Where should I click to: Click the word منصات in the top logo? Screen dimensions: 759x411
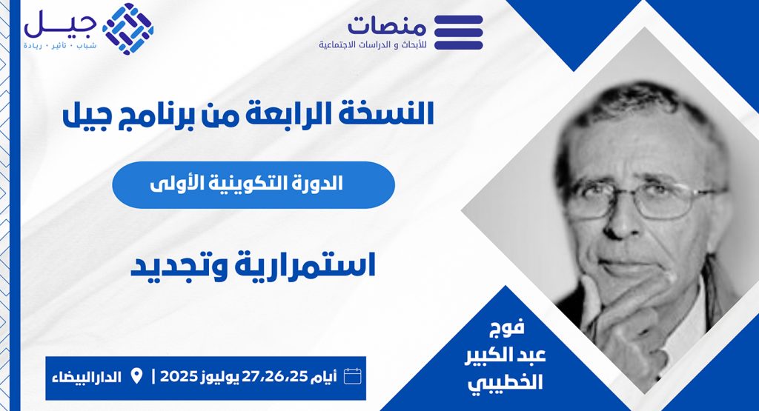(x=386, y=26)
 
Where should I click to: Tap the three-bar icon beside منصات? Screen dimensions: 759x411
(x=458, y=33)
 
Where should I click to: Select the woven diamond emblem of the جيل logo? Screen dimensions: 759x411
(x=127, y=29)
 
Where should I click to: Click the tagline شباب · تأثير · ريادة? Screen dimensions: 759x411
(x=59, y=45)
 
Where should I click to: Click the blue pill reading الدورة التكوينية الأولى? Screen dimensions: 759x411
(x=253, y=184)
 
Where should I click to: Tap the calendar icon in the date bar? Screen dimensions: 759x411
(x=352, y=375)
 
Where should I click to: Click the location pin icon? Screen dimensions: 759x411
(x=136, y=375)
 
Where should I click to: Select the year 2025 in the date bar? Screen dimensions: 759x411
(x=178, y=376)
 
